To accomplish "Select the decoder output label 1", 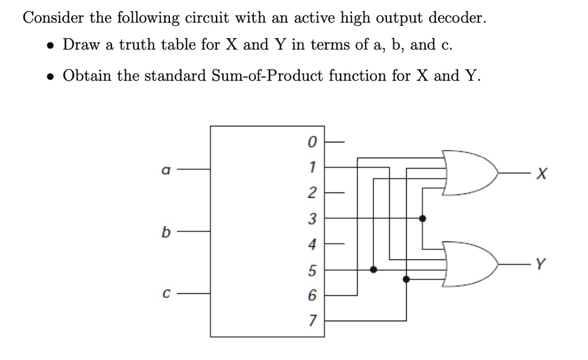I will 311,167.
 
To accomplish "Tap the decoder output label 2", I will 311,193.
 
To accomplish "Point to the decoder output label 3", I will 311,218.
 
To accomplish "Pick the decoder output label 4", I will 311,244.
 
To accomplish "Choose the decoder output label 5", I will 311,269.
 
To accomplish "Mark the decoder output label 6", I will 311,295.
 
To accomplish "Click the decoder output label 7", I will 311,320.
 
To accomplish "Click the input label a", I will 165,170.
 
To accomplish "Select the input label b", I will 165,233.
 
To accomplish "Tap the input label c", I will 165,294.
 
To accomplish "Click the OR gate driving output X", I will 468,172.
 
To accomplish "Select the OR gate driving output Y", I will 468,264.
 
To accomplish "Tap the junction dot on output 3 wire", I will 423,218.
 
